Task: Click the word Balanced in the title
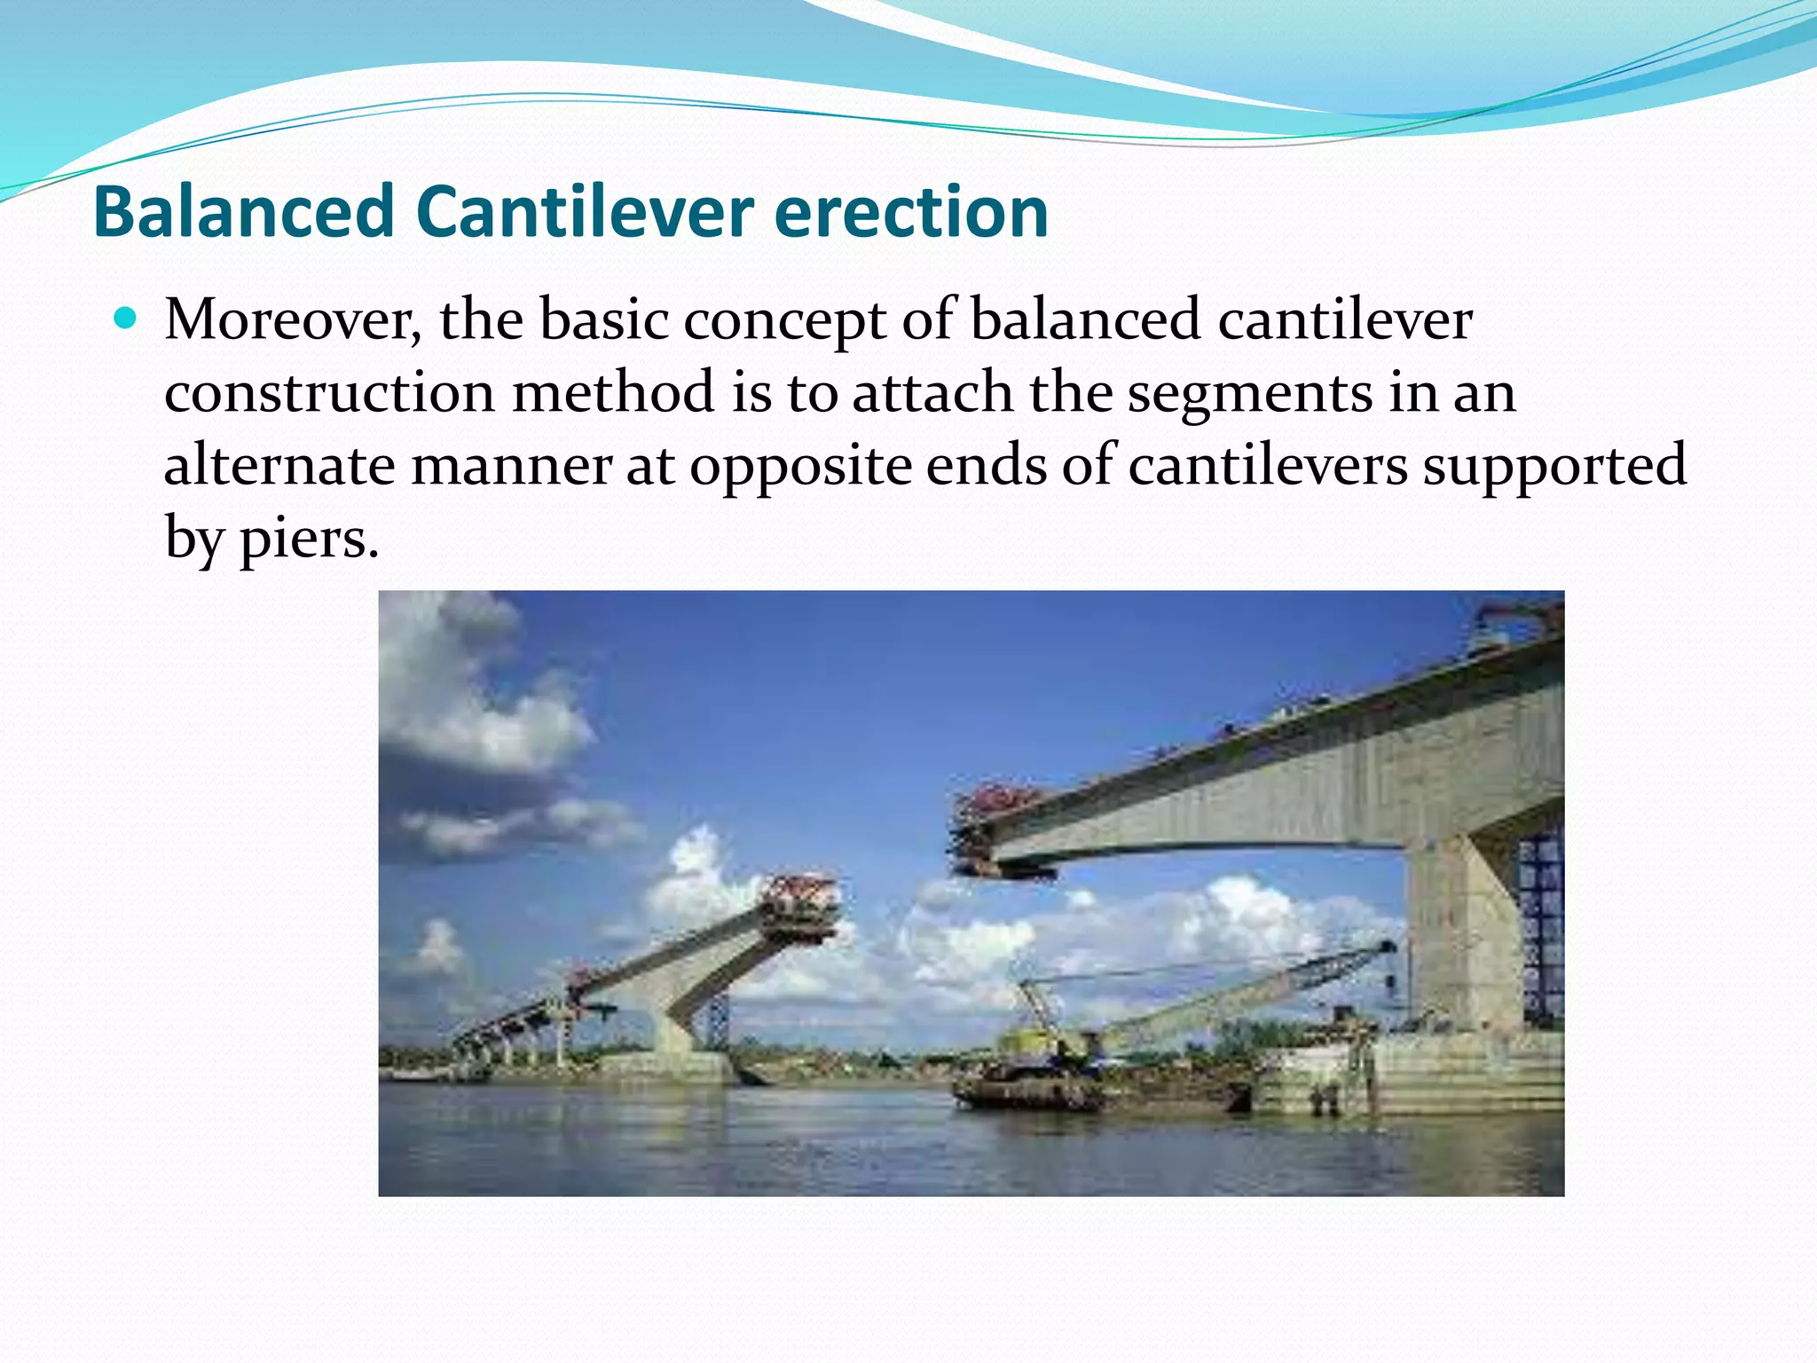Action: [x=243, y=213]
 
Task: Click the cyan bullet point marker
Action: [x=126, y=318]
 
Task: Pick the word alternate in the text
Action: [x=279, y=465]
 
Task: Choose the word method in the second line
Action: [x=613, y=392]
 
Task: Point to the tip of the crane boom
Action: [x=1388, y=948]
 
